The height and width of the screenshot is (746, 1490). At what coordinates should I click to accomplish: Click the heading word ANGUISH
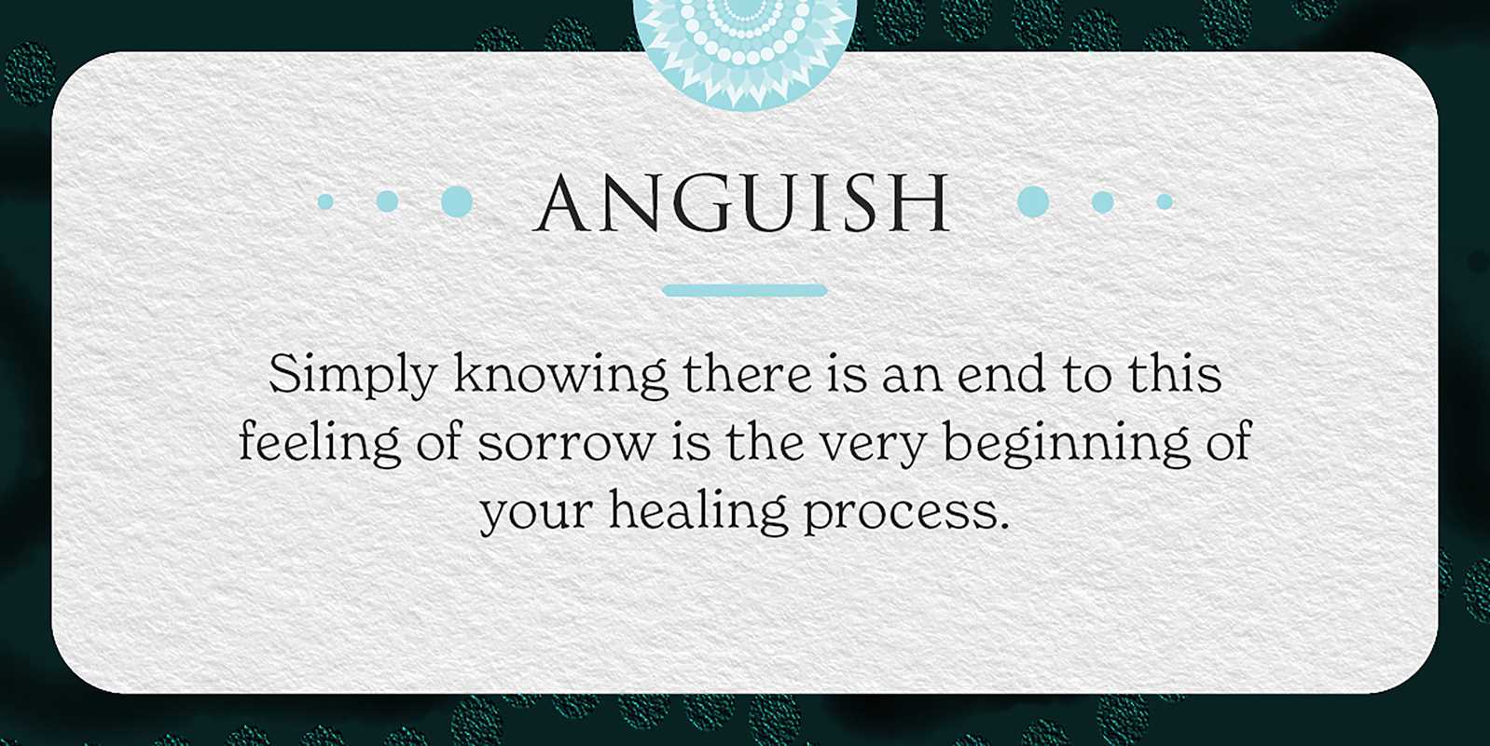[741, 202]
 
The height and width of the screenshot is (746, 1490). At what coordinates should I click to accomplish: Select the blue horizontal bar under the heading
[745, 290]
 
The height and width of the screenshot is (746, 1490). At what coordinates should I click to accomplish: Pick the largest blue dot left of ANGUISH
[457, 201]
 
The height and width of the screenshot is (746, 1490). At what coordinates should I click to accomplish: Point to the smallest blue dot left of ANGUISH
[325, 201]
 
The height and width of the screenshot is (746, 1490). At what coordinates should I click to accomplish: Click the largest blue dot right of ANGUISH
[1033, 201]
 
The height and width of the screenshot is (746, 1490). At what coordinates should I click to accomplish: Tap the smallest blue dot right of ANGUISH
[1165, 201]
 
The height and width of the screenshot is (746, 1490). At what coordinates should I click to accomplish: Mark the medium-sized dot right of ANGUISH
[1103, 201]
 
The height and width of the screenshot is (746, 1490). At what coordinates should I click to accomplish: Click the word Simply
[352, 377]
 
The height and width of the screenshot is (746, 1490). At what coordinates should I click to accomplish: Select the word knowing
[560, 377]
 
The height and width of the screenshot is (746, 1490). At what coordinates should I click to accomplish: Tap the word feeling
[319, 445]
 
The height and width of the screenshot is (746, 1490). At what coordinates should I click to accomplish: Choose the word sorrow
[565, 448]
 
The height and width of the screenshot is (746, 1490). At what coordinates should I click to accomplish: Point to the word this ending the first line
[1175, 374]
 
